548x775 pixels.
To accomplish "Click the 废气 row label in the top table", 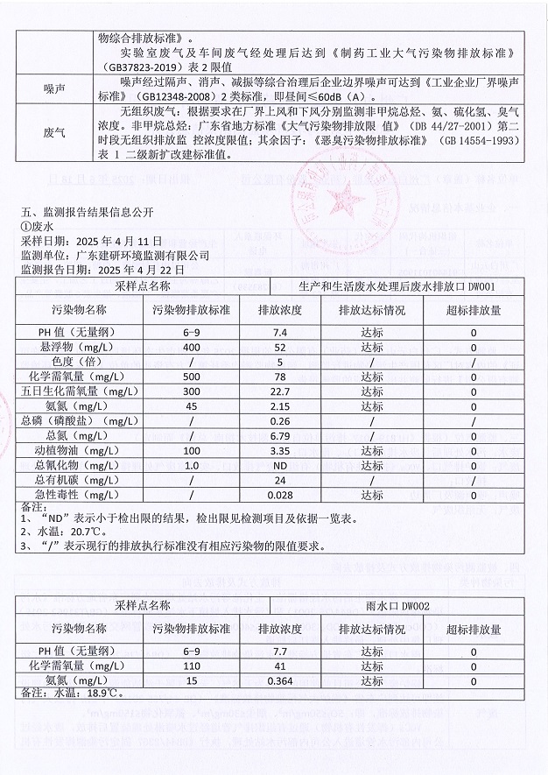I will click(x=54, y=132).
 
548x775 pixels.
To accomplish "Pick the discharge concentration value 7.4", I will click(x=281, y=333).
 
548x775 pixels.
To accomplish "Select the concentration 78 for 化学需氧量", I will click(x=281, y=377).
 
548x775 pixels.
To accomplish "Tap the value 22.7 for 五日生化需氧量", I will click(x=281, y=391).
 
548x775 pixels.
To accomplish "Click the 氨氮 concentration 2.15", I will click(x=281, y=406).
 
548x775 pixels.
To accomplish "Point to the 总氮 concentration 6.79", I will click(x=281, y=435).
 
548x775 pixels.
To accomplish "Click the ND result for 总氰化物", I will click(x=281, y=465).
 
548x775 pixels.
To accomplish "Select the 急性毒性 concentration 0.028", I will click(x=281, y=495).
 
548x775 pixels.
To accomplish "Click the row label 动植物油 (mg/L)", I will click(x=80, y=450).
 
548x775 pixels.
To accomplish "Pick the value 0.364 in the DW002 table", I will click(x=281, y=681).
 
